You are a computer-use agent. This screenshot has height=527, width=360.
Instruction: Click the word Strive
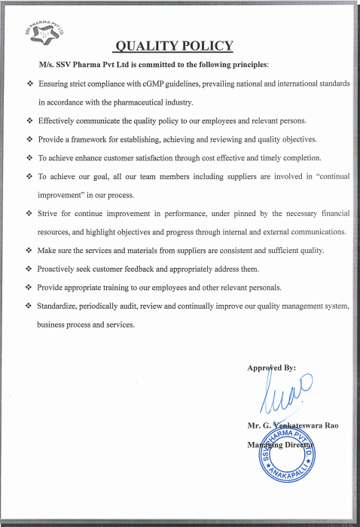click(47, 214)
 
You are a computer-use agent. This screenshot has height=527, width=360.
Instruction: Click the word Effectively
click(58, 120)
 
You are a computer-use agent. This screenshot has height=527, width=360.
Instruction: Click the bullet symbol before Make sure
click(28, 250)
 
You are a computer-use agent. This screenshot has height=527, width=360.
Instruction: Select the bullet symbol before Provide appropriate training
click(28, 288)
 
